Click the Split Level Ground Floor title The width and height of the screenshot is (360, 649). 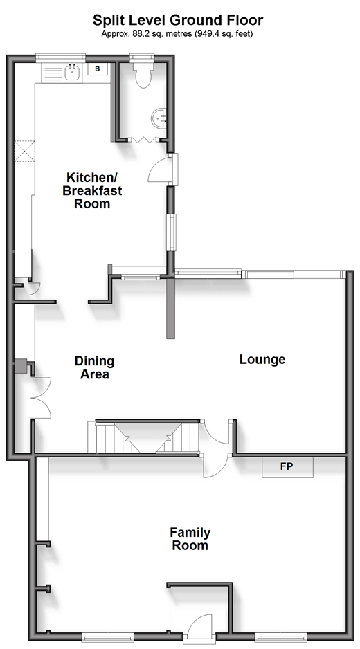click(178, 19)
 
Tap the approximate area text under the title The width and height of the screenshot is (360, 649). click(177, 34)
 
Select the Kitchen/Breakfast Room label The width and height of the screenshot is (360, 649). click(92, 190)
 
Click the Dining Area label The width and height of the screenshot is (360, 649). click(94, 367)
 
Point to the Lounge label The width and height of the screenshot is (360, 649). click(262, 359)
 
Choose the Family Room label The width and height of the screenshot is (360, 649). click(190, 538)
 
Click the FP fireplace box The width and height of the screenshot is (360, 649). click(287, 467)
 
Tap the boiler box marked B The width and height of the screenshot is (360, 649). click(98, 69)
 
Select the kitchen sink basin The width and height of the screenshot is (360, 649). click(73, 72)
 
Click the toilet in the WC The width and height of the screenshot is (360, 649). click(143, 75)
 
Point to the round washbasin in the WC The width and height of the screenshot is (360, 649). click(159, 118)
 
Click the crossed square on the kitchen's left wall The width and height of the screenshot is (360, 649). click(25, 152)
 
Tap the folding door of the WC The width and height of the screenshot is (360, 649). click(145, 140)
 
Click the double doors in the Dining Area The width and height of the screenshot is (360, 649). click(42, 397)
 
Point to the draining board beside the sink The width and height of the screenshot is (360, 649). click(53, 72)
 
